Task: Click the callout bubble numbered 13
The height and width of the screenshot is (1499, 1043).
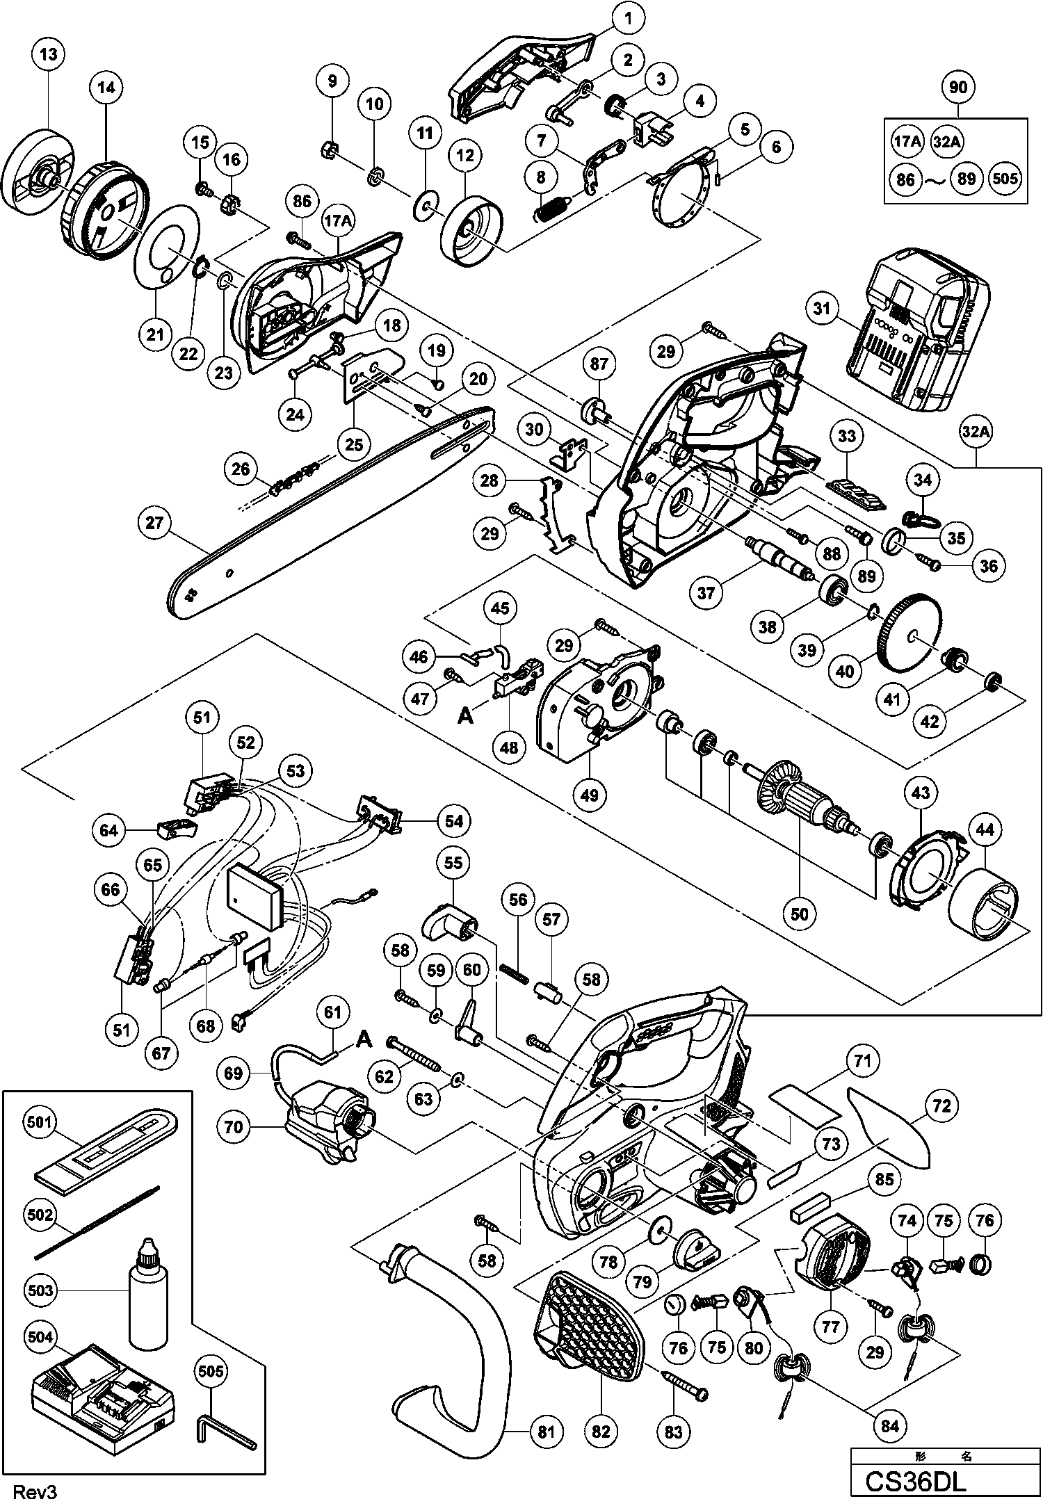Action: (x=48, y=54)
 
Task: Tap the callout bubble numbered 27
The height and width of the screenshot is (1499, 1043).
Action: (x=154, y=521)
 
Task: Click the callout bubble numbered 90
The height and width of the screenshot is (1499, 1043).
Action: (x=957, y=87)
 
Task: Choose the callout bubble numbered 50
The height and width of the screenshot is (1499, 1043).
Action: (x=800, y=914)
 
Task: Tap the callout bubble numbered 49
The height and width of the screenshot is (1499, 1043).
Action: (x=590, y=793)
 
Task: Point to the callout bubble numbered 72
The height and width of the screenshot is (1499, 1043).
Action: (x=941, y=1105)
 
